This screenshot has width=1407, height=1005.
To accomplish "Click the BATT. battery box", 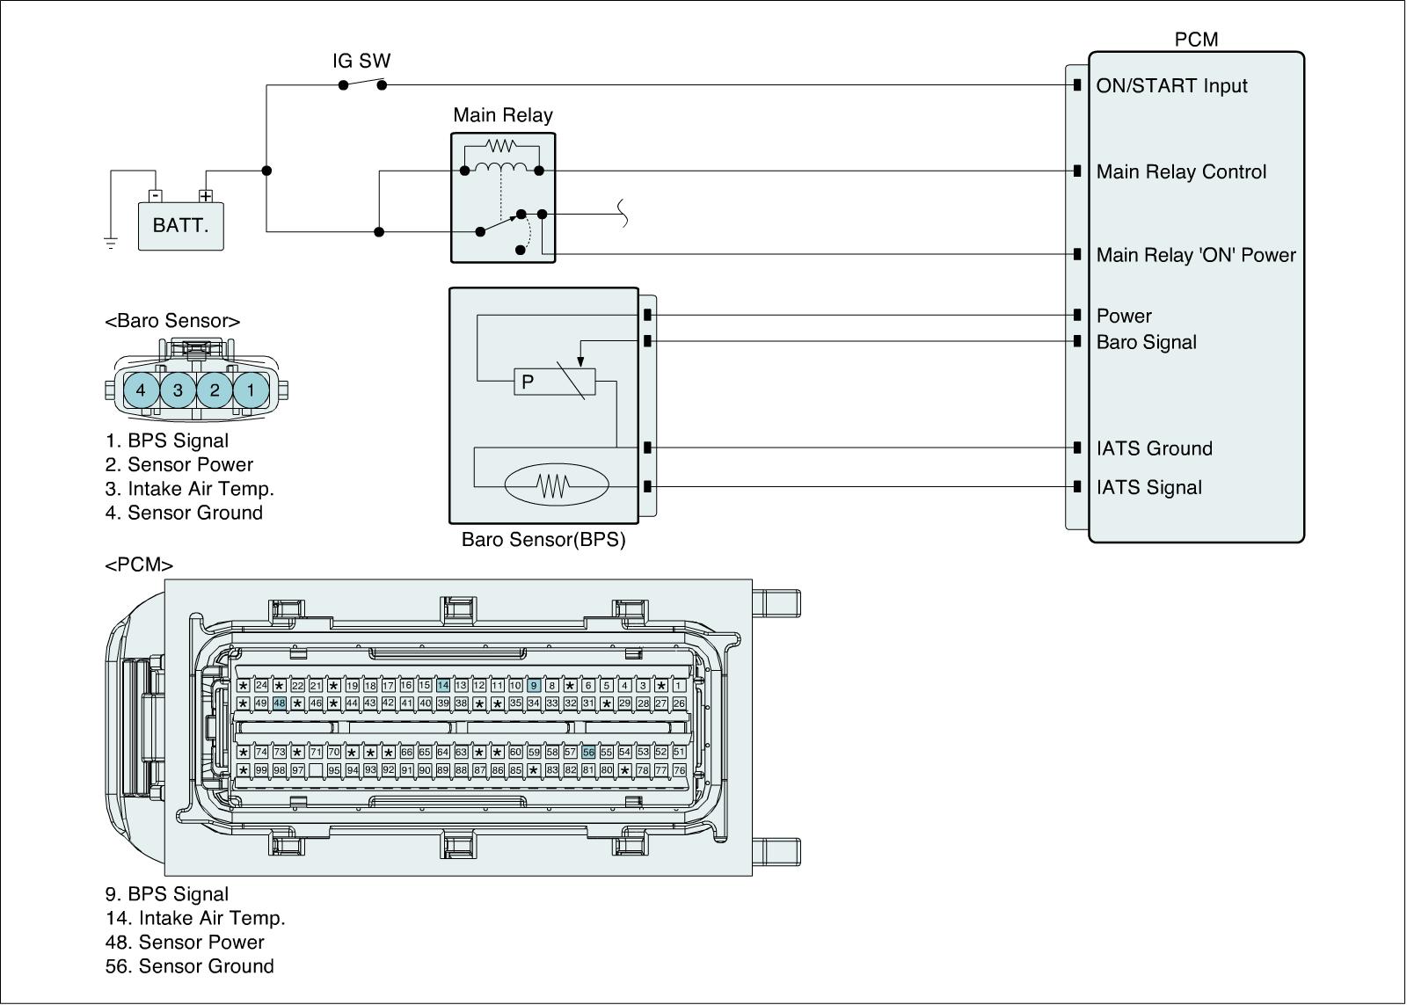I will tap(180, 226).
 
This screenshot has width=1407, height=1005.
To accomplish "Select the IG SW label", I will tap(361, 62).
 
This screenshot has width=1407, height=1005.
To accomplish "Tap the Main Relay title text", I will tap(503, 115).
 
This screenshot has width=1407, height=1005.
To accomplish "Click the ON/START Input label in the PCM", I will tap(1171, 86).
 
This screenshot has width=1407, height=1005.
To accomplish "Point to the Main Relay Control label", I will tap(1181, 172).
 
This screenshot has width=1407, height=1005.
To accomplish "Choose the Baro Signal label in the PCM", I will tap(1146, 343).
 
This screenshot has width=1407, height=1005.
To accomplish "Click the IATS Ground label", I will tap(1154, 449).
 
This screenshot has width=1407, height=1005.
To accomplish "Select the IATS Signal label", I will tap(1148, 488).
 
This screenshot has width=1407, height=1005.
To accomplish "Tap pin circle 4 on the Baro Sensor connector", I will tap(141, 390).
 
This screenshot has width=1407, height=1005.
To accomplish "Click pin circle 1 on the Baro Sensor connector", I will tap(251, 390).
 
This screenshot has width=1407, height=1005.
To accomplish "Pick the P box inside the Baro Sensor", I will tap(554, 382).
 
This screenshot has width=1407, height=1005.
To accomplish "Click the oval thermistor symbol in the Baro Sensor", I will tap(555, 484).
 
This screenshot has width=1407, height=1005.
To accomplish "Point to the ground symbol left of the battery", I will tap(111, 243).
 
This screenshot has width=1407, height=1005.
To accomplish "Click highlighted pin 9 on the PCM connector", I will tap(534, 686).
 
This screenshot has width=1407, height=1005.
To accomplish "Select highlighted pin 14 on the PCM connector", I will tap(443, 686).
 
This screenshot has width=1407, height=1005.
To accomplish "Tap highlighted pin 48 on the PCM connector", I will tap(280, 703).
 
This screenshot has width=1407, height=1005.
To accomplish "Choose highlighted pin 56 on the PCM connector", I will tap(588, 753).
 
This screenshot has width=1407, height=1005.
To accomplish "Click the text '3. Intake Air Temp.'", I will tap(189, 489).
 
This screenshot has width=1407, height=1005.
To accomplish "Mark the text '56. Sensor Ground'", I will tap(189, 966).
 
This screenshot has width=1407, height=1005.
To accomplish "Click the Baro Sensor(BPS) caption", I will tap(543, 540).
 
